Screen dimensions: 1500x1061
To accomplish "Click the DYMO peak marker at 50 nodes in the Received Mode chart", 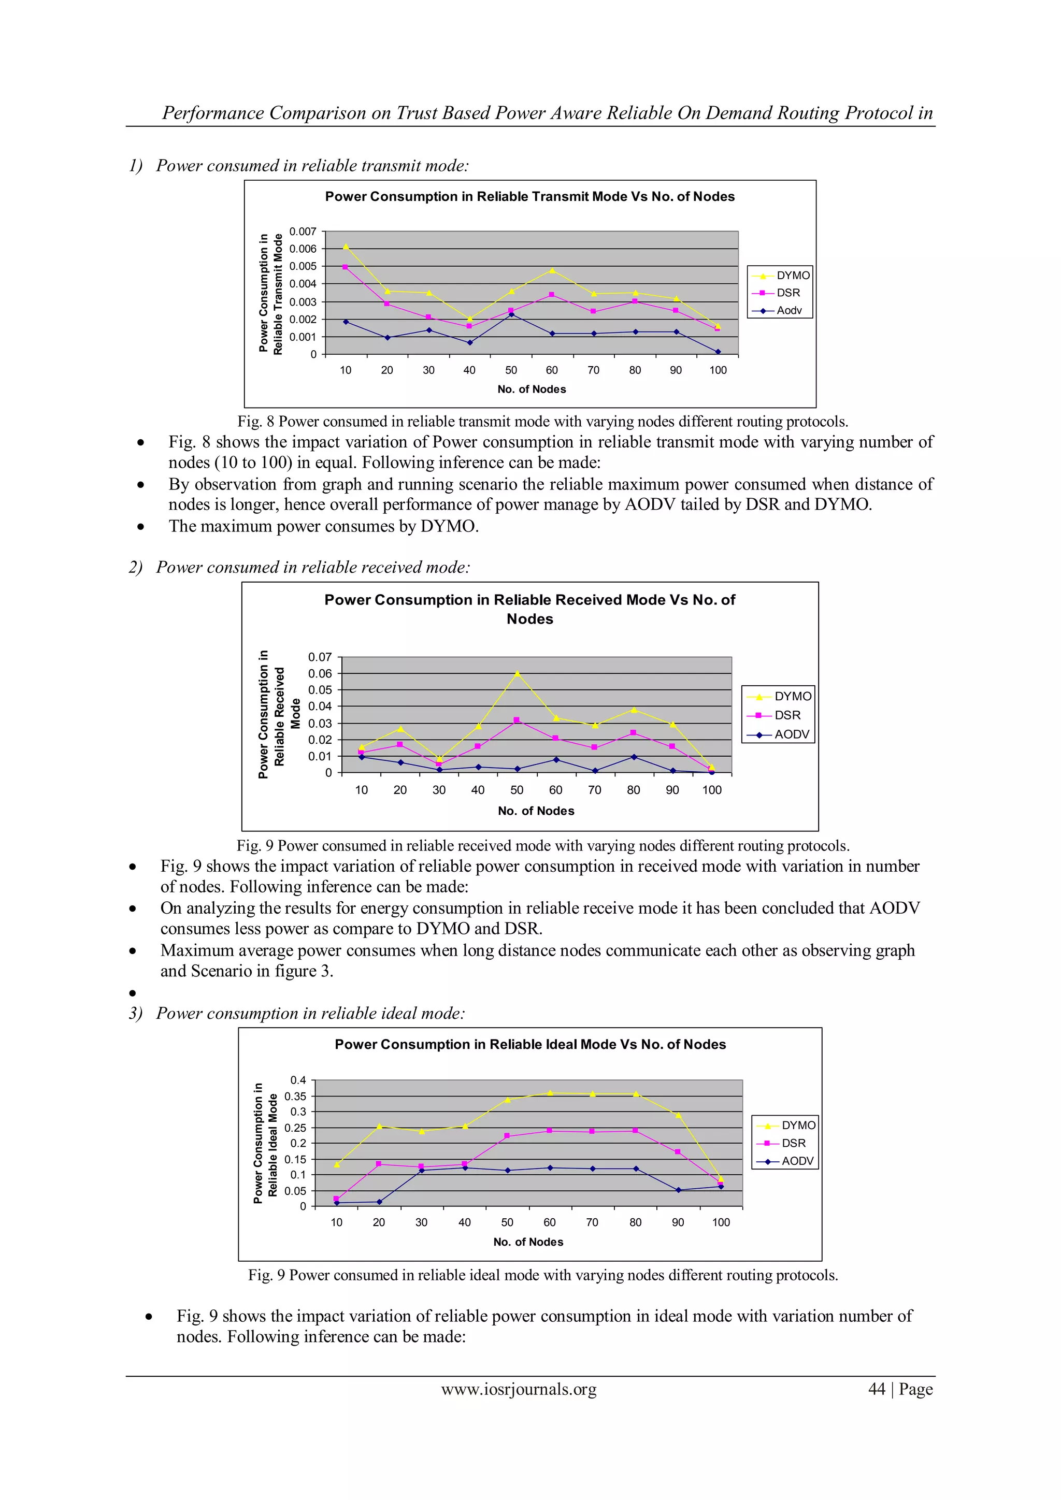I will coord(517,673).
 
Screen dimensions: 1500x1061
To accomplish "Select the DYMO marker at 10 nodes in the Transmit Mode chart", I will coord(346,247).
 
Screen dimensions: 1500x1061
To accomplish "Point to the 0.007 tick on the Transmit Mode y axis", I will coord(303,232).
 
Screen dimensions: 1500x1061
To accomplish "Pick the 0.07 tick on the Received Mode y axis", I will coord(320,657).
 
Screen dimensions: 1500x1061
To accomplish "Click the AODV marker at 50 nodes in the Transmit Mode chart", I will coord(511,314).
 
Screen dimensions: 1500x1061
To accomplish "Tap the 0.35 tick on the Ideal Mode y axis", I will coord(295,1097).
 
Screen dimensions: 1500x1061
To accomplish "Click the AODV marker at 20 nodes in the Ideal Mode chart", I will coord(379,1202).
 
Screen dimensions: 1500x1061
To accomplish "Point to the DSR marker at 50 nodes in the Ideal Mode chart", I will coord(507,1136).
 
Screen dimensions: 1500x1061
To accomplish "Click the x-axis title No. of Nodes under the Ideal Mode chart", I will coord(528,1242).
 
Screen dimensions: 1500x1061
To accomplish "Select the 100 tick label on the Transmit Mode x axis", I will coord(718,370).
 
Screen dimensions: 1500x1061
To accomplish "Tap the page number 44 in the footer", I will coord(876,1389).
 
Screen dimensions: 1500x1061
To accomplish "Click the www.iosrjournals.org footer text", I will coord(519,1389).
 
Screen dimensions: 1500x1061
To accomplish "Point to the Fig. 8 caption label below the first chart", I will coord(255,422).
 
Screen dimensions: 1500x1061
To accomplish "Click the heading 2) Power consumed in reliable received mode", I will coord(299,567).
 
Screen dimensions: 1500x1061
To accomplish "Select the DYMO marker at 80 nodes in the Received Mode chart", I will coord(633,710).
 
